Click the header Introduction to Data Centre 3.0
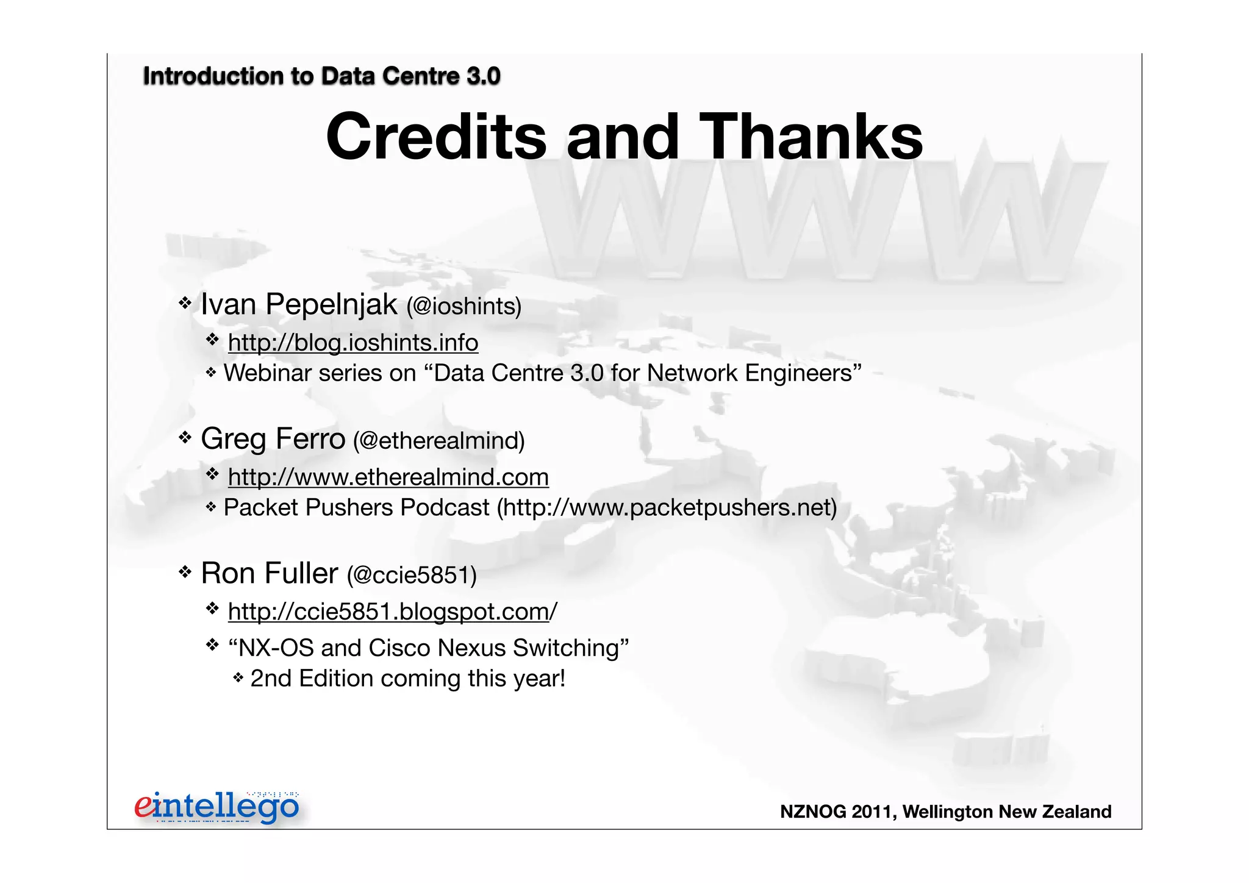(321, 76)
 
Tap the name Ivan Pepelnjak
(299, 304)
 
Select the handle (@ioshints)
(464, 306)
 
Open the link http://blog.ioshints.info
(353, 343)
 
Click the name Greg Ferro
(273, 439)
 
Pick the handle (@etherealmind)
(438, 441)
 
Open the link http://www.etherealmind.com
(388, 477)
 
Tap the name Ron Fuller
(269, 573)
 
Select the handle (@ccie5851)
(412, 575)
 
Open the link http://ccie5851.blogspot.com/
(392, 612)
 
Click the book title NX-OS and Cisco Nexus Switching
(428, 648)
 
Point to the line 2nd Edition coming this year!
(407, 679)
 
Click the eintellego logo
(217, 807)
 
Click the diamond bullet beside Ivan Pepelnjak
(185, 302)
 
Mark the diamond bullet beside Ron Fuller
(185, 572)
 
